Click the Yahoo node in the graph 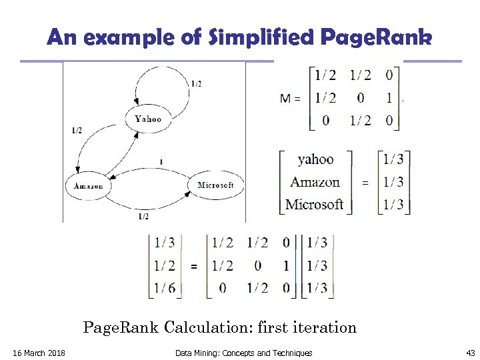point(147,119)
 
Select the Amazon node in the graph point(88,185)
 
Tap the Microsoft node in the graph point(215,185)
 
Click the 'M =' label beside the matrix point(290,98)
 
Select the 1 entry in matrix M point(388,98)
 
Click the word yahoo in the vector point(315,159)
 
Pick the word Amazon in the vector point(315,182)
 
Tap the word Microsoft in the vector point(314,204)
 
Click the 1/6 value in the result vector point(165,288)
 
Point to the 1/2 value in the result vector point(165,266)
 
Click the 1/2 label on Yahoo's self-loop point(197,84)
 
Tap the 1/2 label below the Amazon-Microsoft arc point(143,217)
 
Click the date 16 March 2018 point(39,353)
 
